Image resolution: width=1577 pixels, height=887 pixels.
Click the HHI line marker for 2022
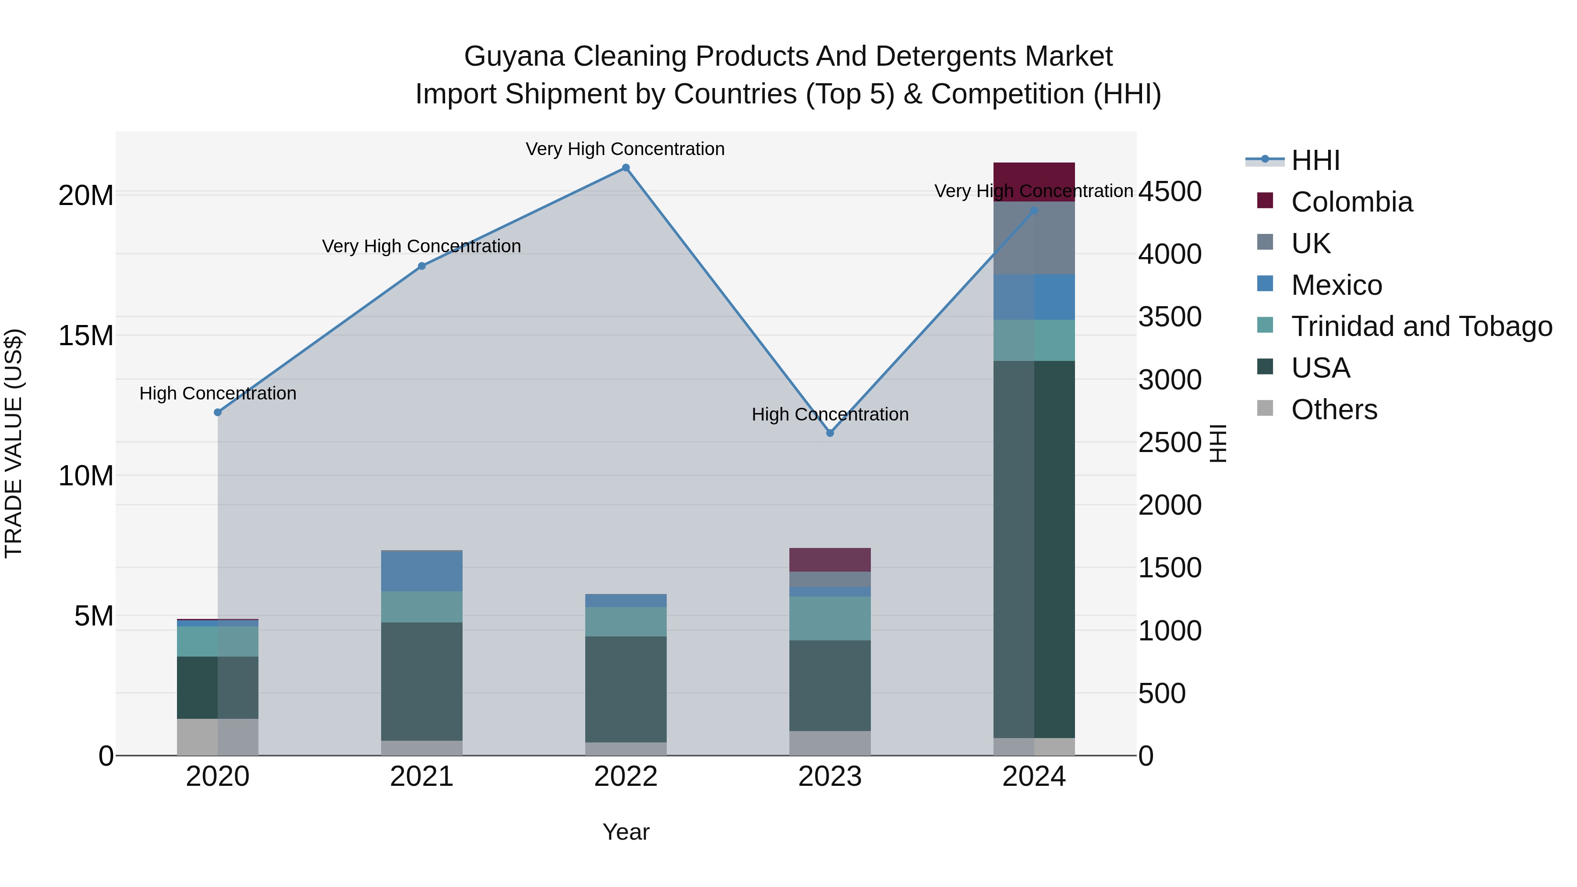tap(626, 168)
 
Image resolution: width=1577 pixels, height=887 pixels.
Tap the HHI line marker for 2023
tap(830, 433)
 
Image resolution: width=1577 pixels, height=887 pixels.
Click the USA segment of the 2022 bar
tap(626, 689)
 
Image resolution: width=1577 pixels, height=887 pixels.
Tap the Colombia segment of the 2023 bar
tap(830, 559)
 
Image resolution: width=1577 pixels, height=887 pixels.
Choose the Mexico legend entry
tap(1337, 285)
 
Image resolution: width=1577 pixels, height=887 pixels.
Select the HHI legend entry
tap(1315, 160)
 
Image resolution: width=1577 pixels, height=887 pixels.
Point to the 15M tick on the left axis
tap(86, 336)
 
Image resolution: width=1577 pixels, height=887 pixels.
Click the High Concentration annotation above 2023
tap(830, 414)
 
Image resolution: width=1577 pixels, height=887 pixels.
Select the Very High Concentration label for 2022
tap(625, 149)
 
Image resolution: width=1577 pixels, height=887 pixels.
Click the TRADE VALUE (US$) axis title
tap(14, 443)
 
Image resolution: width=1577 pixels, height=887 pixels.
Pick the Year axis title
tap(626, 832)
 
